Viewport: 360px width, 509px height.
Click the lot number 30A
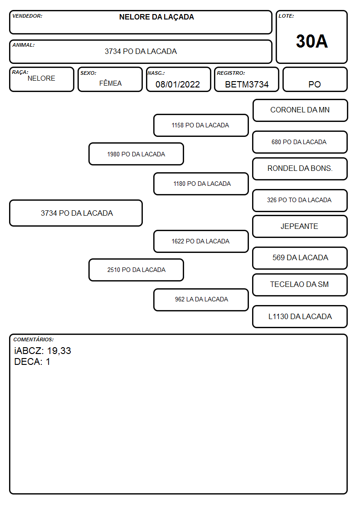[x=311, y=41]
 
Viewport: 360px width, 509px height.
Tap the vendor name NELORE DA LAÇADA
[x=156, y=17]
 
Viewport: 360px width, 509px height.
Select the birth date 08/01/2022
[x=178, y=84]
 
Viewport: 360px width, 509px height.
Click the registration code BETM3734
[x=247, y=84]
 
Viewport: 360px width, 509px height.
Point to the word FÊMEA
[x=110, y=83]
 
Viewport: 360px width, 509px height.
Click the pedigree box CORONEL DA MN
[x=300, y=111]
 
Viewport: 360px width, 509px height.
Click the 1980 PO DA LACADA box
[x=136, y=154]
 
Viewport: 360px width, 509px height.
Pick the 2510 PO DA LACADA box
[x=136, y=270]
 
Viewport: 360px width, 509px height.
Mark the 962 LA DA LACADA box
[x=201, y=300]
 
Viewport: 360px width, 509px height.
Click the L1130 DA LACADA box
[x=300, y=316]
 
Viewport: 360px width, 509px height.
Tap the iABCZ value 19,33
[x=59, y=351]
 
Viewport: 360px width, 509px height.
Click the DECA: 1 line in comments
[x=32, y=362]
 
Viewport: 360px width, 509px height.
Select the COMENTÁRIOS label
[x=34, y=339]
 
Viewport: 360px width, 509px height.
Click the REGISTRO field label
[x=231, y=73]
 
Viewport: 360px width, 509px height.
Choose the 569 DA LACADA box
[x=300, y=258]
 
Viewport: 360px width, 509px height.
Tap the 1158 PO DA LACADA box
[x=201, y=125]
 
